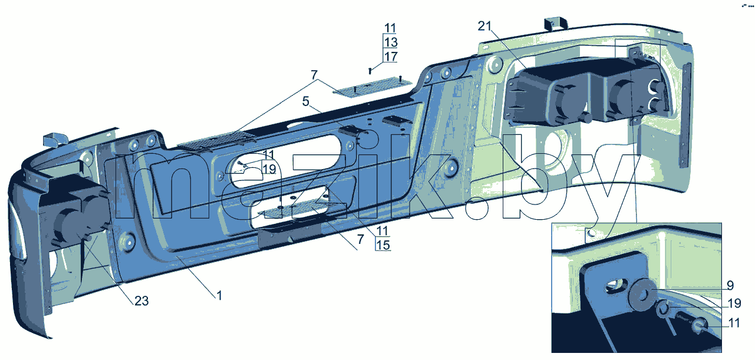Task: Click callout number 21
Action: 484,26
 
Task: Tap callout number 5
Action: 306,101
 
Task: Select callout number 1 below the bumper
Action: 219,296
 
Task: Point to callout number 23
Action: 141,300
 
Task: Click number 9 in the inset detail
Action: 730,286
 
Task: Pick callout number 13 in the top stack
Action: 391,42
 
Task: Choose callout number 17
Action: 391,57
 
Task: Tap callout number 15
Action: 383,245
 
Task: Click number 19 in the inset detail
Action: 734,303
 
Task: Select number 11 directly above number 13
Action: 390,28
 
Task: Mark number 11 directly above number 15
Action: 383,231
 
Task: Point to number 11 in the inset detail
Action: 734,323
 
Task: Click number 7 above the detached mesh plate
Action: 314,74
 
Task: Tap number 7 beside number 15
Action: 361,239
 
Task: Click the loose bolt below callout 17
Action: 370,71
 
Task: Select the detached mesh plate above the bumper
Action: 372,87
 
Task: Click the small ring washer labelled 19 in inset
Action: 663,309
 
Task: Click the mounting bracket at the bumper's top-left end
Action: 54,140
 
